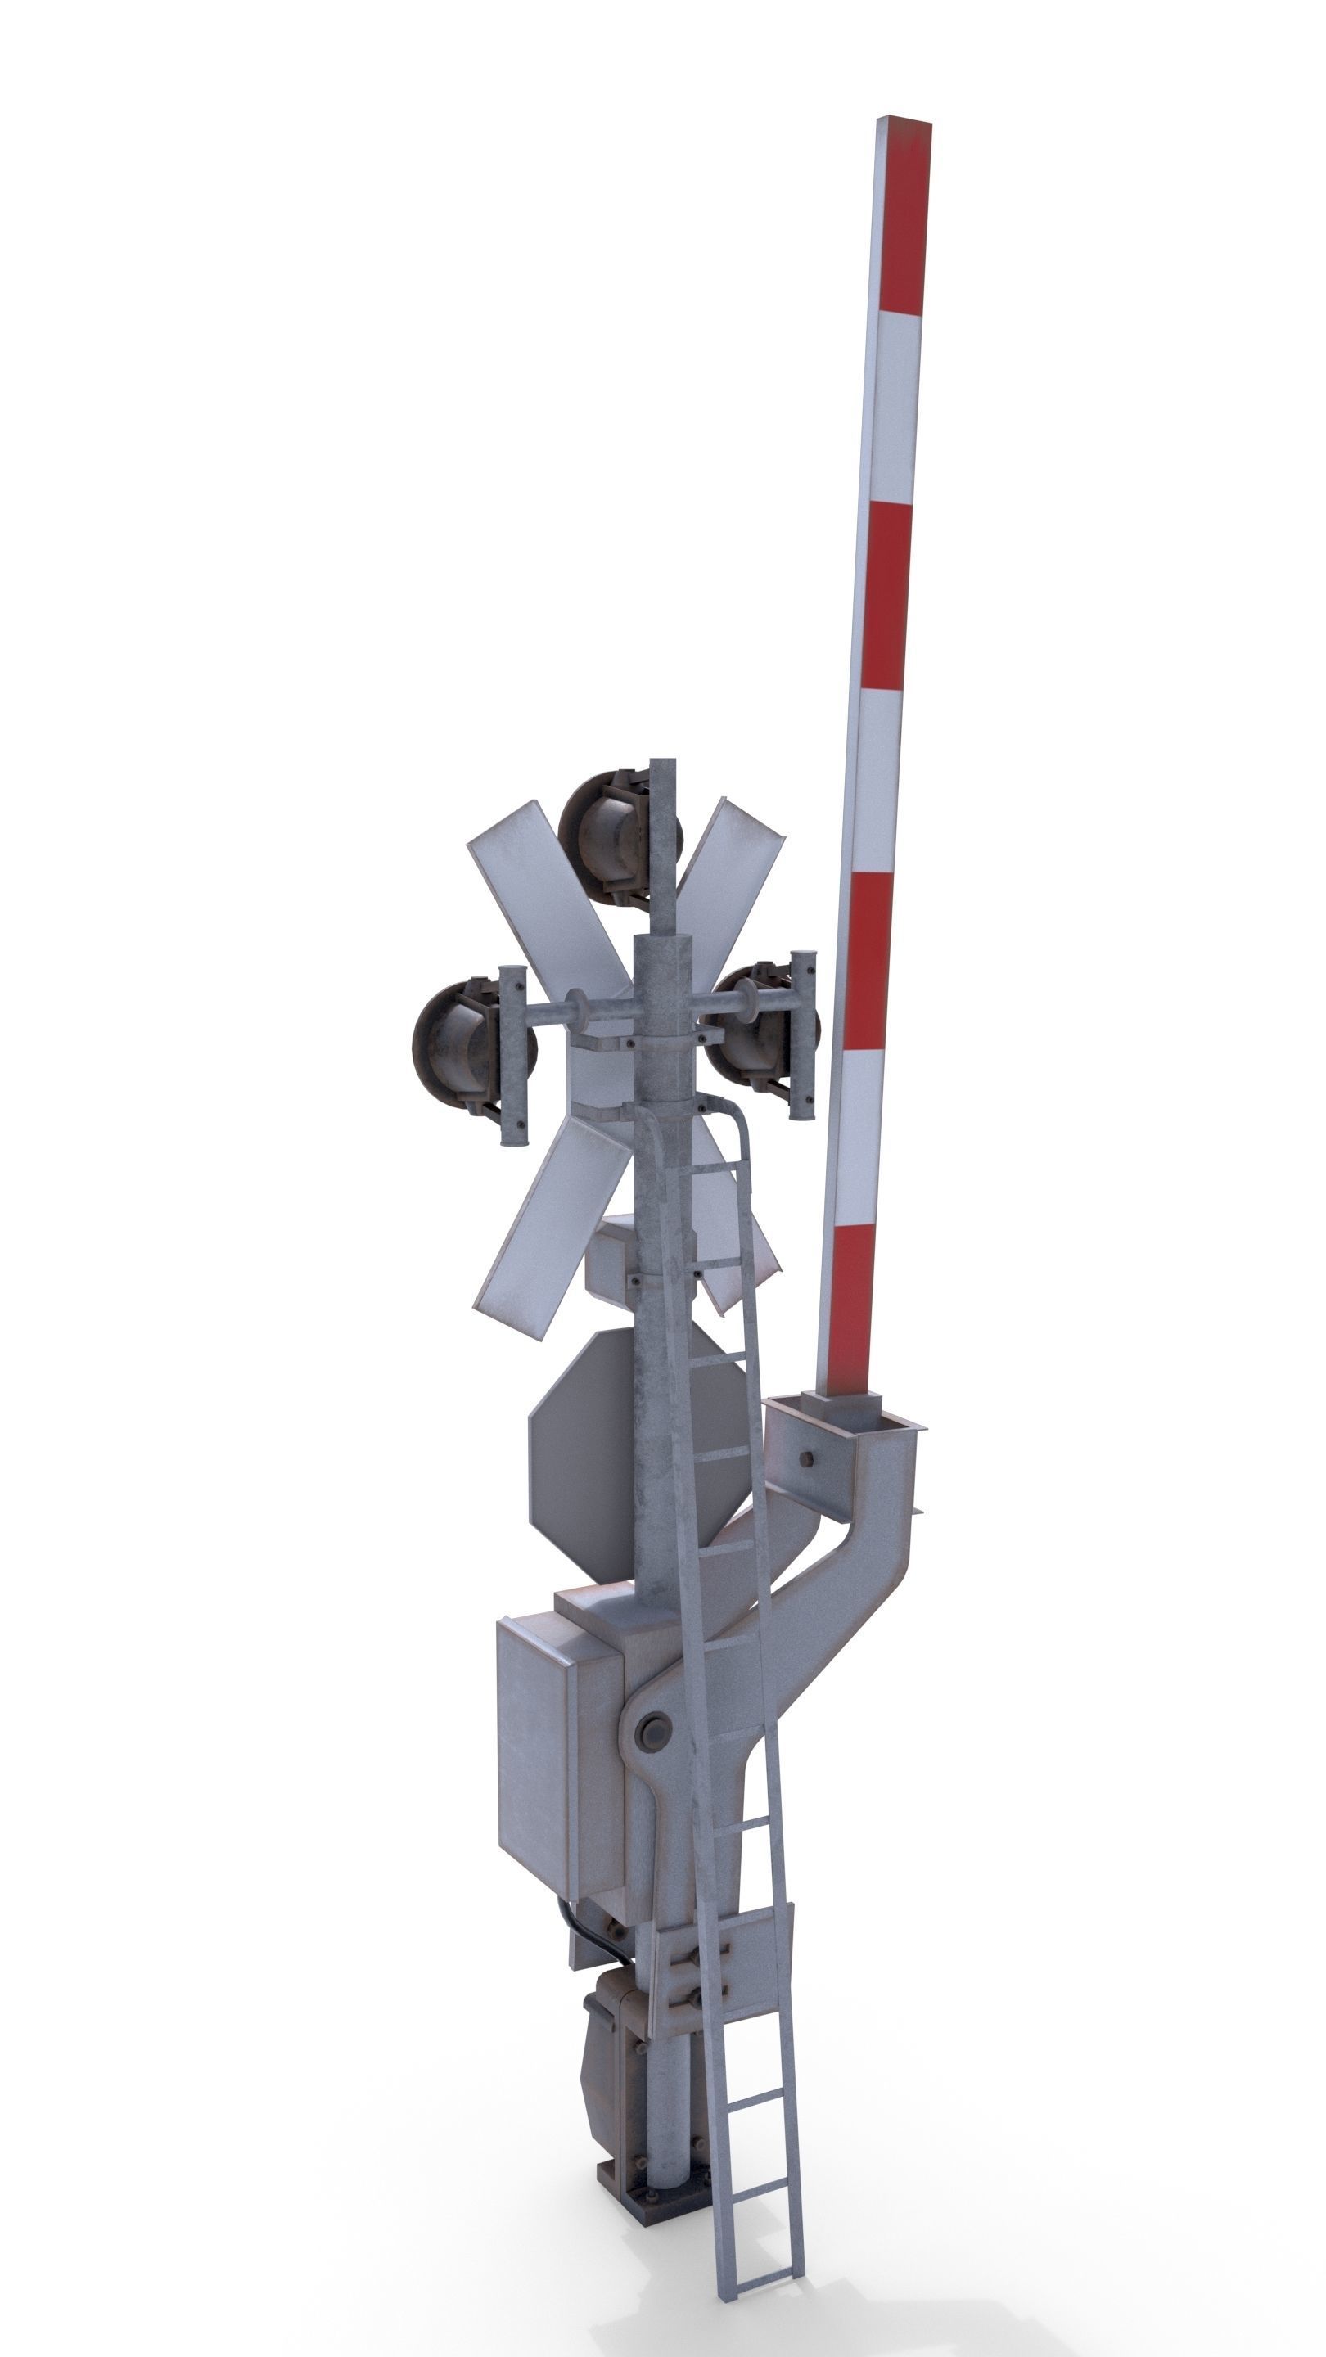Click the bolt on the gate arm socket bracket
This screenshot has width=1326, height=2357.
pos(807,1458)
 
